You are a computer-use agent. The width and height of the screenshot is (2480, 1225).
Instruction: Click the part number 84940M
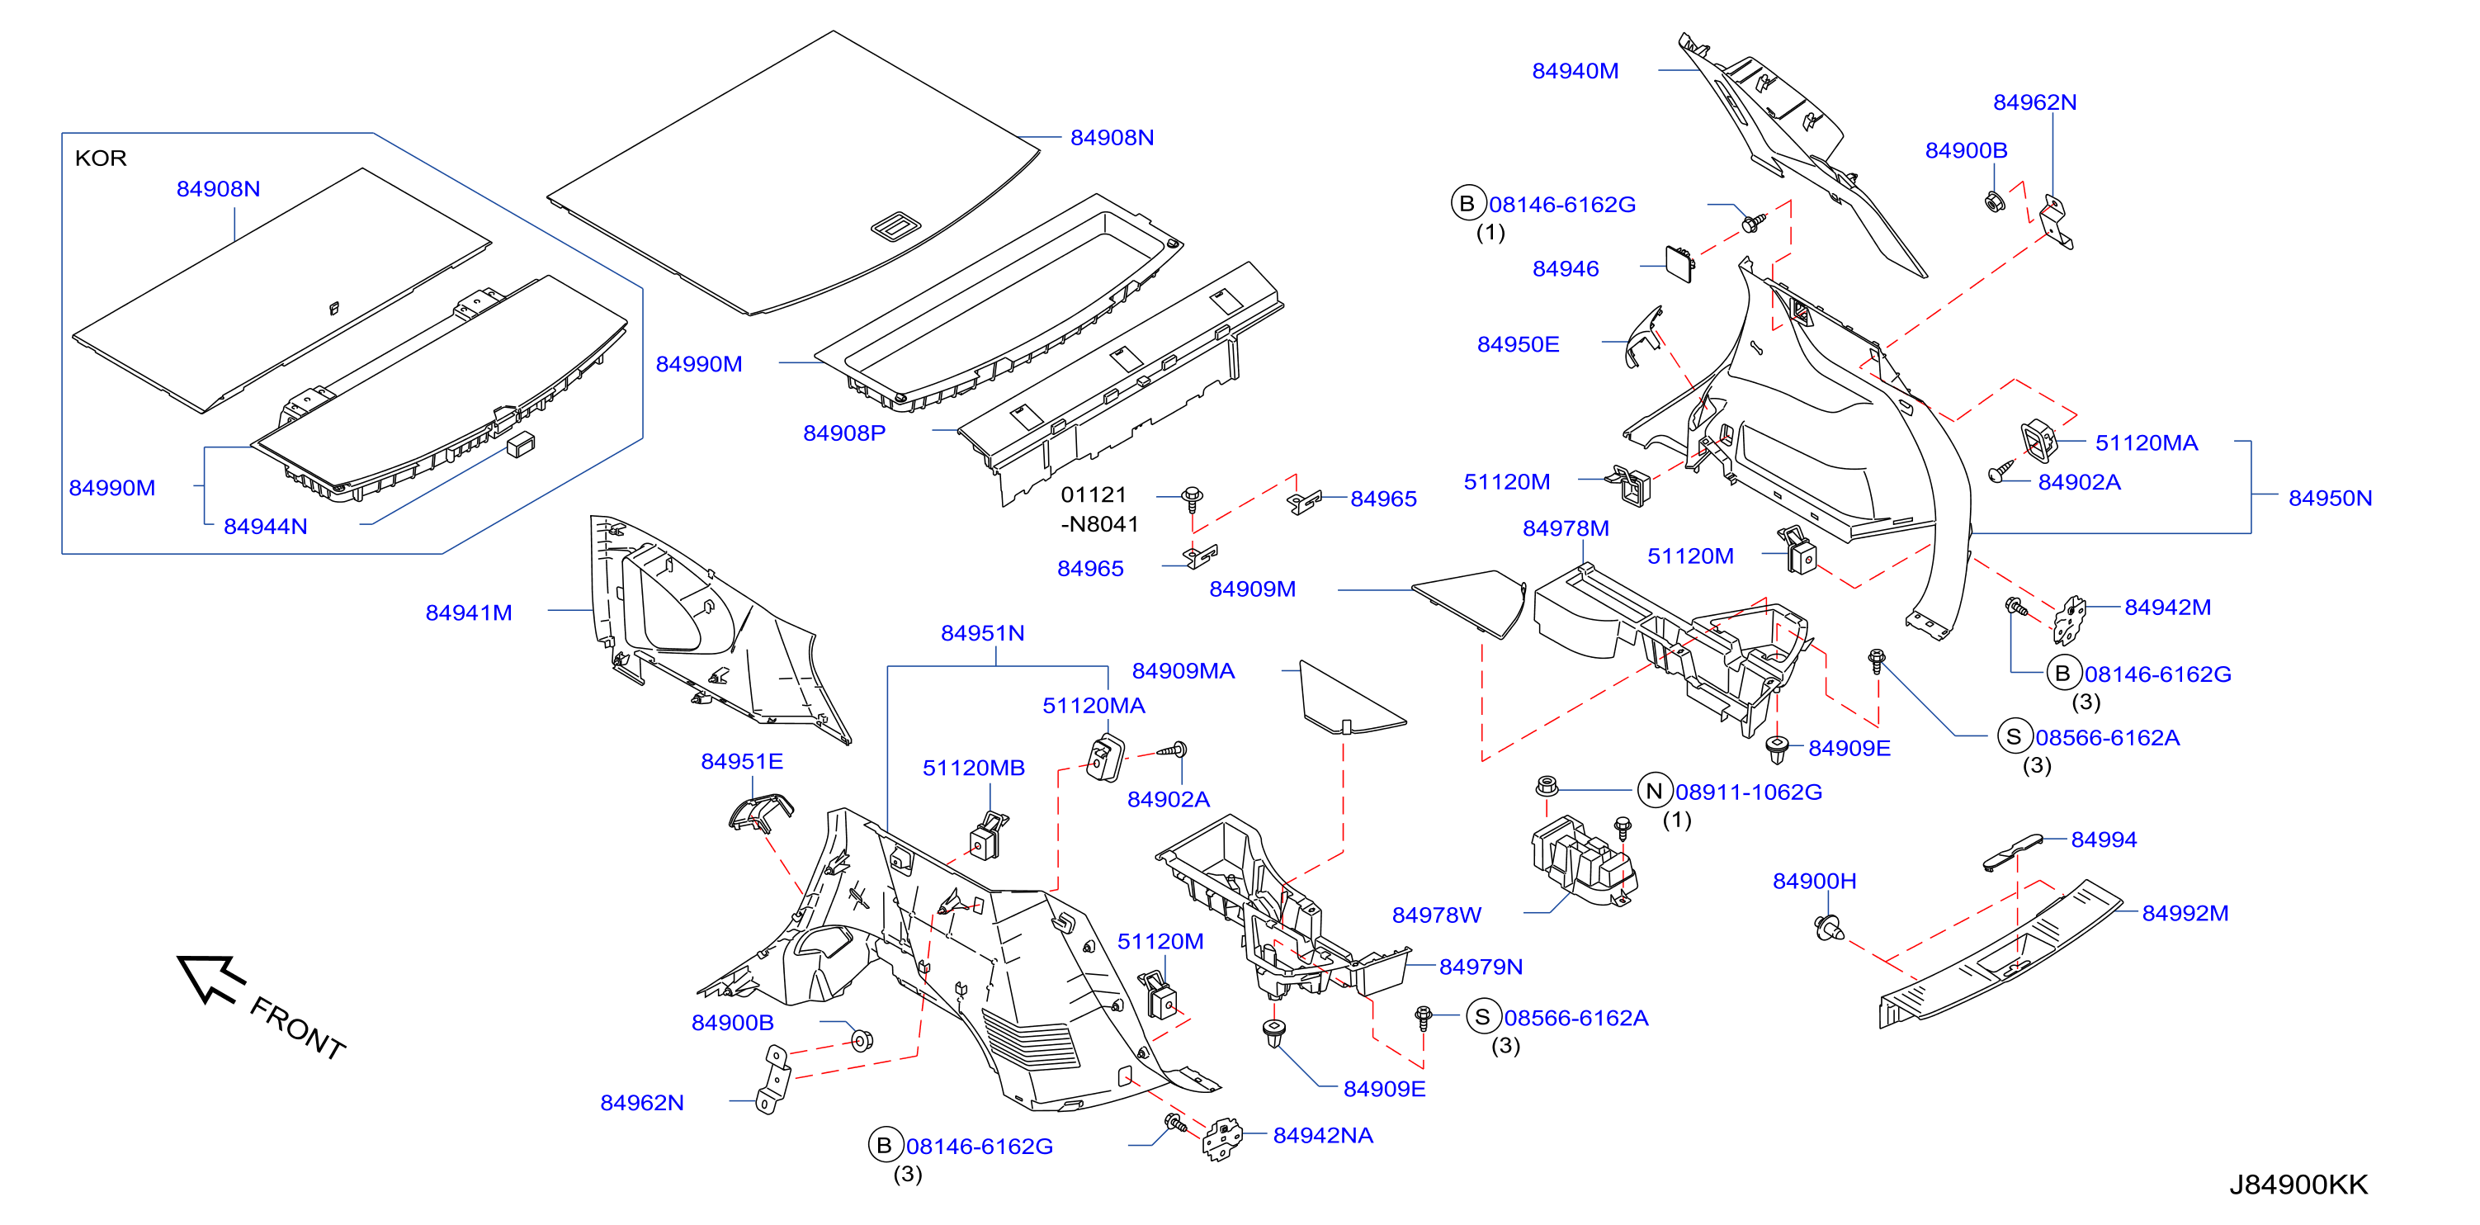coord(1575,71)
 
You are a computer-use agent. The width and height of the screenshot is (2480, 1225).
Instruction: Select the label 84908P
coord(844,433)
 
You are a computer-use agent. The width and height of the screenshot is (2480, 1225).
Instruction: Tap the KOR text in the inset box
coord(100,158)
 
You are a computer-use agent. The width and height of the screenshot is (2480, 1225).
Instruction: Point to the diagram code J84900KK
coord(2298,1185)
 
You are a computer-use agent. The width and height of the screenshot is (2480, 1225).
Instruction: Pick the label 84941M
coord(469,612)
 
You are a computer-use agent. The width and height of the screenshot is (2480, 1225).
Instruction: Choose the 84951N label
coord(982,632)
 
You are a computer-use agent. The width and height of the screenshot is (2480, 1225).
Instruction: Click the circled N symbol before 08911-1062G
coord(1654,792)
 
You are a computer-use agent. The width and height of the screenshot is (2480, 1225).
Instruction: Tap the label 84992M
coord(2185,913)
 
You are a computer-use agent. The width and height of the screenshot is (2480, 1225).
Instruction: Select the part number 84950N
coord(2330,498)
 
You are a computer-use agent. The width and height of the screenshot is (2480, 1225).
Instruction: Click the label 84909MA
coord(1183,671)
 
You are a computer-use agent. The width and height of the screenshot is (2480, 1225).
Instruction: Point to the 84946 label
coord(1566,269)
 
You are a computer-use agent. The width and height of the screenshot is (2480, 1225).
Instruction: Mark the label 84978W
coord(1436,915)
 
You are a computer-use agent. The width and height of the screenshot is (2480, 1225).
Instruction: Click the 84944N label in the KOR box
coord(266,527)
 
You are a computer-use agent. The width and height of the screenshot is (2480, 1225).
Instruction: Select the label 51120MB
coord(973,769)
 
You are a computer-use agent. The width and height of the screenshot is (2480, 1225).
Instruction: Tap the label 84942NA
coord(1323,1136)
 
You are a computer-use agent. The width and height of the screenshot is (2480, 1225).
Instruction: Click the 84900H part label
coord(1815,882)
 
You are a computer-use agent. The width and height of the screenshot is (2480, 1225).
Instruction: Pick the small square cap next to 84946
coord(1681,262)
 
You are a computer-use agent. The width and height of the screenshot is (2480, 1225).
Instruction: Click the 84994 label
coord(2104,840)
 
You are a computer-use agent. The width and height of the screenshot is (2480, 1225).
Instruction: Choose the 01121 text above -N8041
coord(1094,495)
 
